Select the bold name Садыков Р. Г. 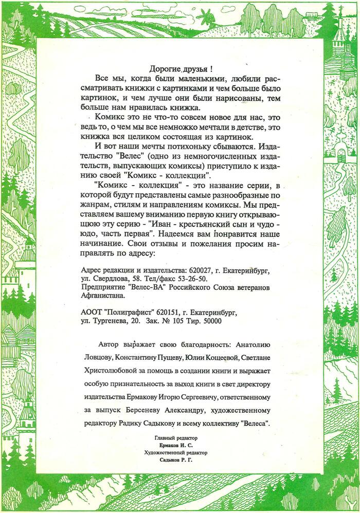[x=176, y=460]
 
